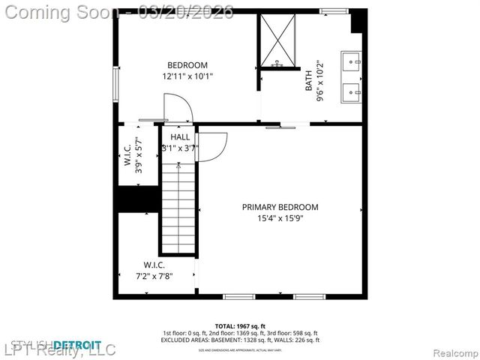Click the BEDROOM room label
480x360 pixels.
point(187,65)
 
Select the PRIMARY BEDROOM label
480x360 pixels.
point(280,207)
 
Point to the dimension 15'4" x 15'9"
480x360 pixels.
point(280,219)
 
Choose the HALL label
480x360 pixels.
point(180,137)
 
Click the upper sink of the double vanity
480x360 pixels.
point(352,60)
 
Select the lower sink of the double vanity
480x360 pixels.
point(352,92)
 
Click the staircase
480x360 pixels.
point(178,210)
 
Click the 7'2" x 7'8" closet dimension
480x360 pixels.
point(154,276)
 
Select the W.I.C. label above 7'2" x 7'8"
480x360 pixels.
point(154,265)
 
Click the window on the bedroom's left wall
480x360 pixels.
point(115,84)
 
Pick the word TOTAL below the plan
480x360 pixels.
point(224,326)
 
